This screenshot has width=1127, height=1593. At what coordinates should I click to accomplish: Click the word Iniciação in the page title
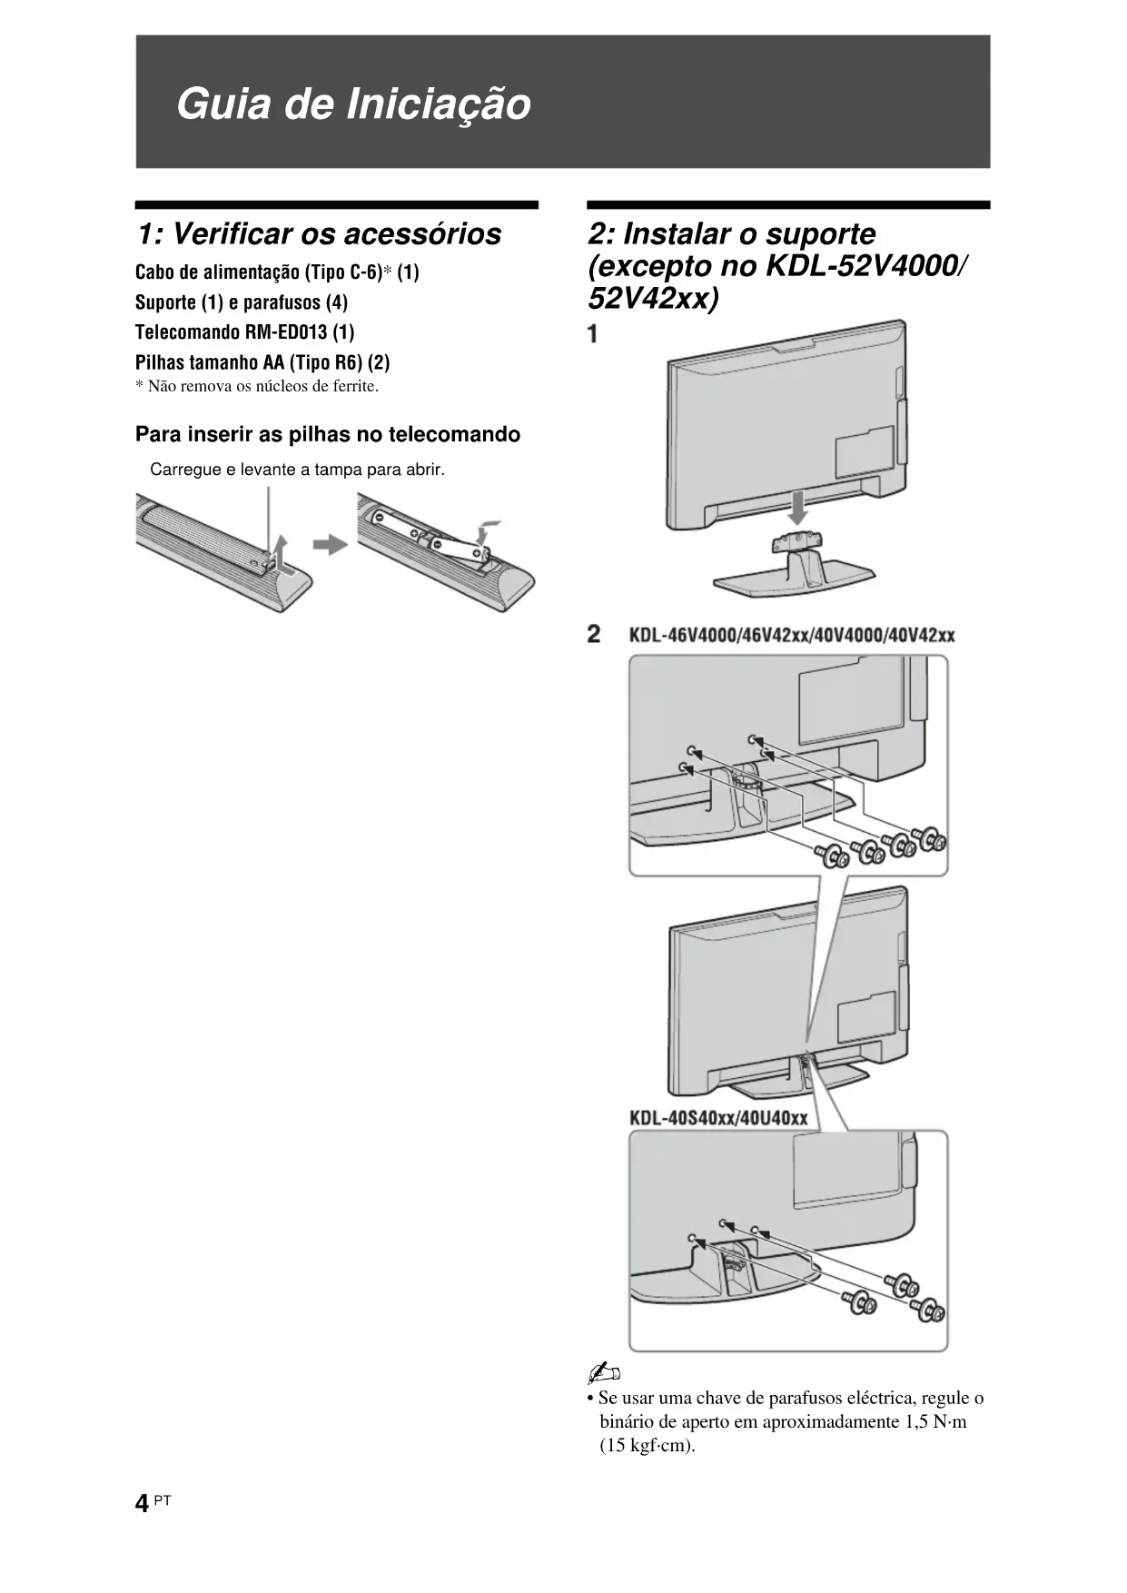click(x=439, y=104)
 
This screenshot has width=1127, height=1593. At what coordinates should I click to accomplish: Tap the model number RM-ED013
click(x=286, y=332)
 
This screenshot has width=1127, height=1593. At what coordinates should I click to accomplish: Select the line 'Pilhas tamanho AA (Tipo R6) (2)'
click(x=262, y=362)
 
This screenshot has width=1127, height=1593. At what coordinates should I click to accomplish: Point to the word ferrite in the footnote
click(x=355, y=386)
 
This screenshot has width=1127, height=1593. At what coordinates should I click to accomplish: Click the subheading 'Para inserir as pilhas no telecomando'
click(x=328, y=434)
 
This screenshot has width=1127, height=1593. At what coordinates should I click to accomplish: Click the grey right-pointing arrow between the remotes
click(x=331, y=545)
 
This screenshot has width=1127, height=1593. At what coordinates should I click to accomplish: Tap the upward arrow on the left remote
click(x=281, y=551)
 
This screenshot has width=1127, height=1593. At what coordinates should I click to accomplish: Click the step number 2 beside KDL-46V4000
click(x=594, y=634)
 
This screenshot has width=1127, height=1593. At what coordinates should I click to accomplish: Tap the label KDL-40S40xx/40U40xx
click(x=718, y=1117)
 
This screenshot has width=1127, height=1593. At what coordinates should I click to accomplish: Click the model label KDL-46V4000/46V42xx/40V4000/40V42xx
click(x=792, y=635)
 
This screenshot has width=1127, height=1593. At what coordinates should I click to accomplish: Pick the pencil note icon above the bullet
click(x=604, y=1372)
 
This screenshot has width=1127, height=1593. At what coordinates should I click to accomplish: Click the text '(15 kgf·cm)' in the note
click(x=648, y=1445)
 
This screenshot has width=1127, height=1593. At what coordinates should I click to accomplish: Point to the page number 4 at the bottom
click(x=142, y=1504)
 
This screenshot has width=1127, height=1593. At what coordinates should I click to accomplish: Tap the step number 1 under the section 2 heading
click(x=593, y=334)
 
